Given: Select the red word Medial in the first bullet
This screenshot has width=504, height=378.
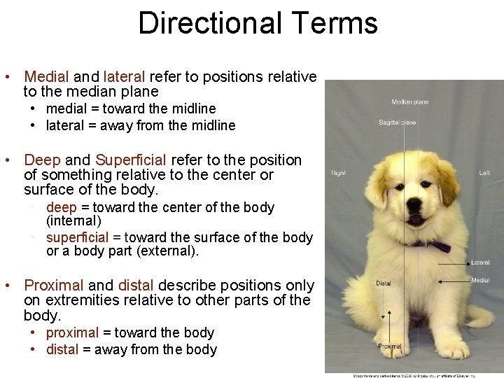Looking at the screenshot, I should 46,76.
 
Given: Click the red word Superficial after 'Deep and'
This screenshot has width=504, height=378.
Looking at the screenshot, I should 131,160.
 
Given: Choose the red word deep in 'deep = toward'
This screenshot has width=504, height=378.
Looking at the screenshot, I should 62,207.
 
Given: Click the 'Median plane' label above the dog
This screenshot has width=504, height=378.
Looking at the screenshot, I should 409,102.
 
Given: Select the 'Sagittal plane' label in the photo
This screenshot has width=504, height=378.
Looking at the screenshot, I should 397,122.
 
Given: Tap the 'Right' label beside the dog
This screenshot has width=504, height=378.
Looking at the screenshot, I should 339,173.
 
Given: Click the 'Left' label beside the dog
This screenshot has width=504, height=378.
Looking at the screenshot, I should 484,173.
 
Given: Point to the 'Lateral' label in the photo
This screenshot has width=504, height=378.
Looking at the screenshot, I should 480,262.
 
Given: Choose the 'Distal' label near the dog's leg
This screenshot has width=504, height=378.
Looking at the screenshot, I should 384,283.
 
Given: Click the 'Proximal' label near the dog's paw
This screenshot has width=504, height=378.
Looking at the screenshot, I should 389,346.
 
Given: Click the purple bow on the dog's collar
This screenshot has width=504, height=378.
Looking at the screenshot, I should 437,246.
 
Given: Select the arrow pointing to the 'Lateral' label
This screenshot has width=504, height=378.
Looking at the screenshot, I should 455,262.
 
